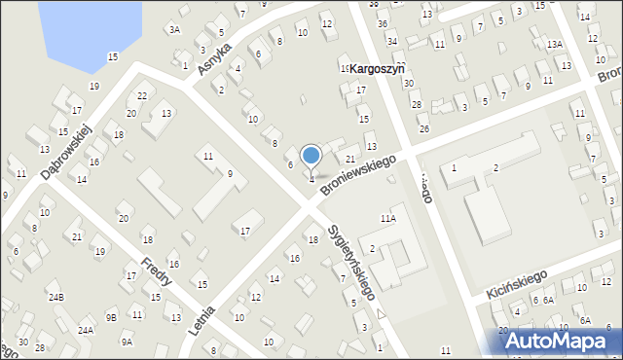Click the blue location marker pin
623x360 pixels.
[x=311, y=157]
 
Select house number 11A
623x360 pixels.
[x=388, y=220]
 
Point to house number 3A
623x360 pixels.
[x=174, y=30]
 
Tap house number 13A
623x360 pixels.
[x=554, y=45]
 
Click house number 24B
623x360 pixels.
[x=55, y=297]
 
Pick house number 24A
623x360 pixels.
[x=86, y=330]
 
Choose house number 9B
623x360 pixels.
[x=112, y=317]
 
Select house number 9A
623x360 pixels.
[x=127, y=342]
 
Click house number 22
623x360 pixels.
[x=142, y=95]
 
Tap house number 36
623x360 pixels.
[x=382, y=23]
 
